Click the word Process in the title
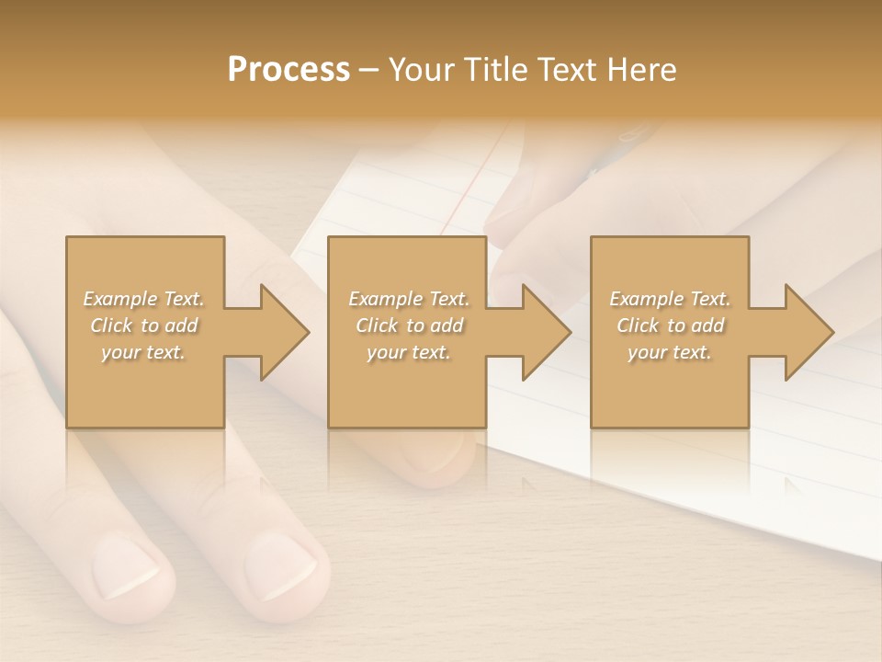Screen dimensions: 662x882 [x=288, y=70]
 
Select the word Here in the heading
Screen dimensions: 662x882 [x=642, y=70]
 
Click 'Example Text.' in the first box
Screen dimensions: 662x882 [x=143, y=299]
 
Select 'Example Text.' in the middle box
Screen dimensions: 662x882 [x=408, y=299]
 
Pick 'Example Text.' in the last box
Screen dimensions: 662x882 [x=670, y=299]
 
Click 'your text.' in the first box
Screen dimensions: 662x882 [x=143, y=352]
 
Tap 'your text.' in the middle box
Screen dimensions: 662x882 [x=408, y=352]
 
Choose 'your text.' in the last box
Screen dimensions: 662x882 [x=670, y=352]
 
